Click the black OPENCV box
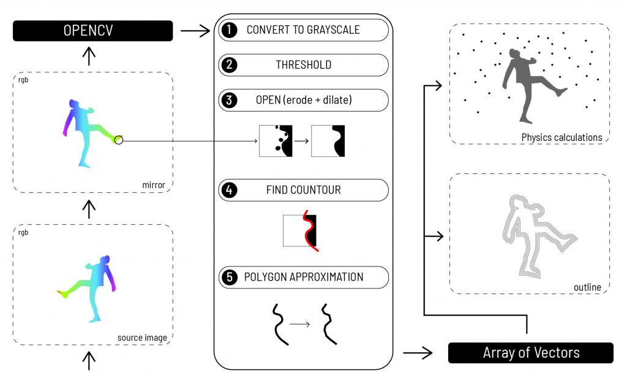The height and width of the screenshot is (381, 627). click(92, 31)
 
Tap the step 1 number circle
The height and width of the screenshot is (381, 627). click(228, 30)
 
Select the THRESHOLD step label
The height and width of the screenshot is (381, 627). click(303, 65)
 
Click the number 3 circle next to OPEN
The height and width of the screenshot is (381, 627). click(228, 100)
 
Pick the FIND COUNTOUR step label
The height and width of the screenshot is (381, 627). click(303, 190)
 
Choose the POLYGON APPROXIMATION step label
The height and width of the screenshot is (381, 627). click(304, 277)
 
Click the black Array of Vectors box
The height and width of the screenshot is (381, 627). click(530, 353)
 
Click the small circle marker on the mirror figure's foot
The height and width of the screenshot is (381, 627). click(119, 141)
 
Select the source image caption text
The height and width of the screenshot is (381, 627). click(142, 338)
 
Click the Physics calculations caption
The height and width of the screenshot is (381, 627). click(561, 137)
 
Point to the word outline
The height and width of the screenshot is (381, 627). click(588, 287)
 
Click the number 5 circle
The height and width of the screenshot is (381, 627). click(228, 277)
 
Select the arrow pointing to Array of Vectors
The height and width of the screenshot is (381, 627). click(418, 353)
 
